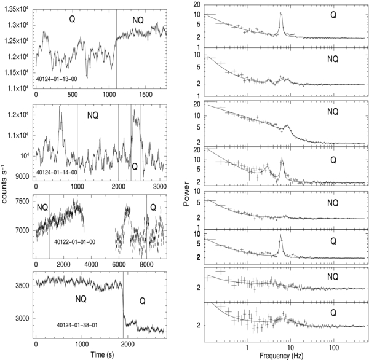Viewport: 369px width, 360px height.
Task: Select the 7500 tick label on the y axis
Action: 22,202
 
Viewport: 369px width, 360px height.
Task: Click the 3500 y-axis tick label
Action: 22,286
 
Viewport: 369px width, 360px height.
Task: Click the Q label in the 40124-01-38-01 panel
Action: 141,301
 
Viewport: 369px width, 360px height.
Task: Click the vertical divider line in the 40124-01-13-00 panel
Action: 116,49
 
